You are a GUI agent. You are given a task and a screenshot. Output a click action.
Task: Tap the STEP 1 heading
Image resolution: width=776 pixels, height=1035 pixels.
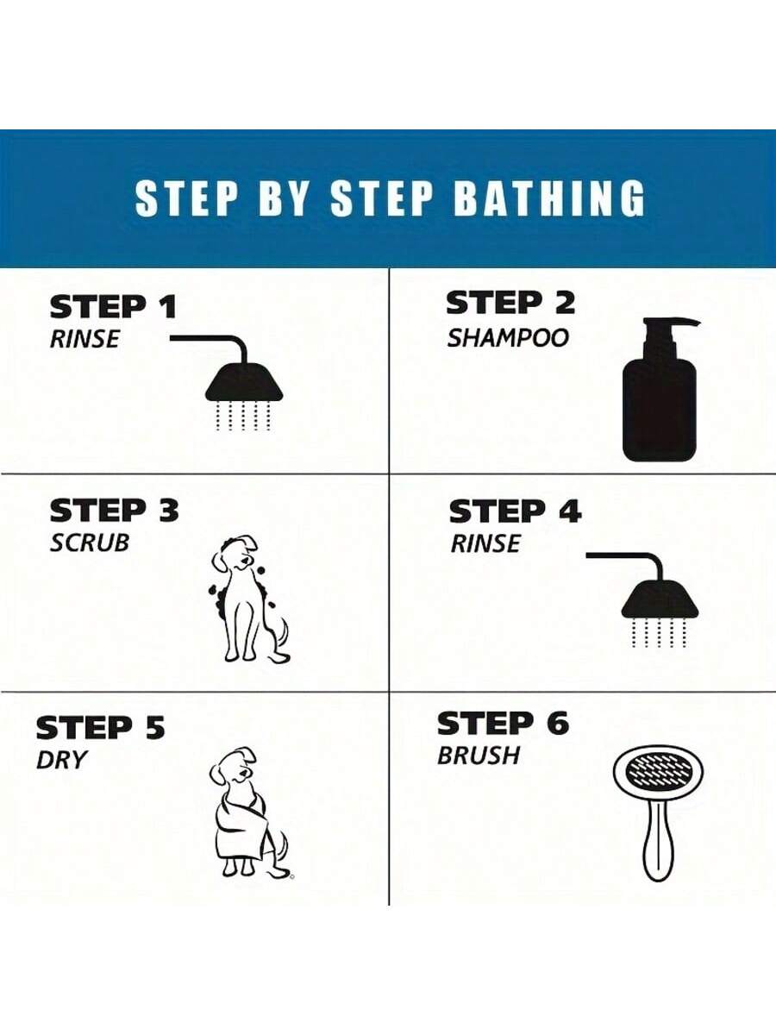(x=112, y=306)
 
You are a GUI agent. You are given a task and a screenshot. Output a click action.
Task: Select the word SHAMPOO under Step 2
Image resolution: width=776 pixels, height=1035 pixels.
(x=508, y=338)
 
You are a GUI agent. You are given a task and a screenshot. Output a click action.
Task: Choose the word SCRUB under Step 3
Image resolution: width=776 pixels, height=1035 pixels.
(x=90, y=543)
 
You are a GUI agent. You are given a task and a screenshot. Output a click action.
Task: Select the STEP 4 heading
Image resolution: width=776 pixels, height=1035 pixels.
(x=515, y=511)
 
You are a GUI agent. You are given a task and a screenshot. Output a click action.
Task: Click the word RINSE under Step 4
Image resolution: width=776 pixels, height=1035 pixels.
(x=485, y=544)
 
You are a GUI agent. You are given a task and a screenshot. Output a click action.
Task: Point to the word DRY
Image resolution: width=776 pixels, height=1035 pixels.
(x=62, y=760)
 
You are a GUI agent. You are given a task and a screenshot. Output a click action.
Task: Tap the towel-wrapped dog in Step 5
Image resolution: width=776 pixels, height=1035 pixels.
(x=246, y=811)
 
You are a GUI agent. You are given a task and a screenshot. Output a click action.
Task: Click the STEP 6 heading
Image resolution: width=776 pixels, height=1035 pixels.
(x=503, y=723)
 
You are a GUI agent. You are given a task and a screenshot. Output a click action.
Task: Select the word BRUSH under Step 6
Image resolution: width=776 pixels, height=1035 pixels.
(x=479, y=756)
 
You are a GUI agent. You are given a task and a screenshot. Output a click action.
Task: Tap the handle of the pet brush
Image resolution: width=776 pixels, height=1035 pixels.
(x=657, y=841)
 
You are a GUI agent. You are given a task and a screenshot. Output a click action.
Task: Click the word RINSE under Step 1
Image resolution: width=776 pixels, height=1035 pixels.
(x=84, y=339)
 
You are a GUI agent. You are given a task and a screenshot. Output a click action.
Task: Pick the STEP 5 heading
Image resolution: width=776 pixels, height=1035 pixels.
(x=100, y=728)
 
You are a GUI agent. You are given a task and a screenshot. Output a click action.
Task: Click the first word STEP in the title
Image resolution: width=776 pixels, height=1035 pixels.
(x=185, y=198)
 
